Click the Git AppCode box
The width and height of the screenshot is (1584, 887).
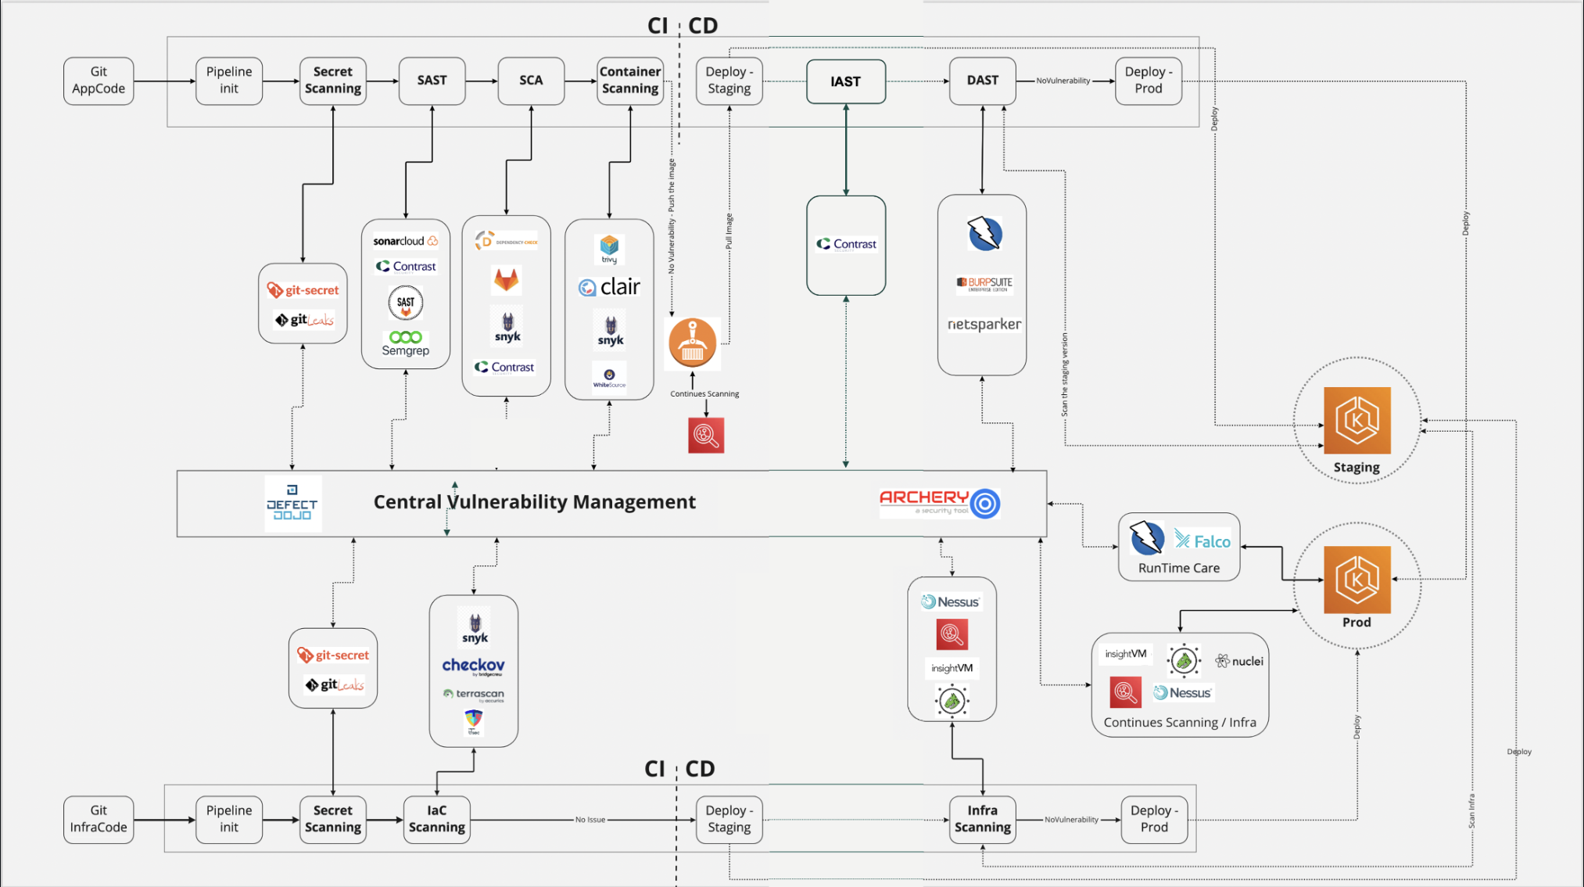pos(99,81)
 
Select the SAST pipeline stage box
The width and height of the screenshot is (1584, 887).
pos(432,81)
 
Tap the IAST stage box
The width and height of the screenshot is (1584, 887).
pos(845,81)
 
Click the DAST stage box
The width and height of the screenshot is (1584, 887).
pos(982,81)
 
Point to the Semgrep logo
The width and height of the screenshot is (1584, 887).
pos(405,343)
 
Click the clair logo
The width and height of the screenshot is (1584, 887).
pos(610,287)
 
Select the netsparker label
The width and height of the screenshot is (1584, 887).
pos(984,324)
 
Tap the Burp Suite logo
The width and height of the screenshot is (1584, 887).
pos(984,283)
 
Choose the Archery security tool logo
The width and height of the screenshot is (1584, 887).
pos(940,502)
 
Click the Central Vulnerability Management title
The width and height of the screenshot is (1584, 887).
pos(534,501)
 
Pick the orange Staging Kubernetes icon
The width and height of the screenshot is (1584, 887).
pos(1356,420)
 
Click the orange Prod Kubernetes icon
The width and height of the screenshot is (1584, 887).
pos(1356,580)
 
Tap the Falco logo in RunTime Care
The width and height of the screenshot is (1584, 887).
pos(1202,540)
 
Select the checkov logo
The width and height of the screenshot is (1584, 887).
pos(473,666)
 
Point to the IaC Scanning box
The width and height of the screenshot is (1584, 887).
pos(436,819)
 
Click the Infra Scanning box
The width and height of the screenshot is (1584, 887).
pos(982,819)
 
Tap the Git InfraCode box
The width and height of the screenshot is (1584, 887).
pos(99,819)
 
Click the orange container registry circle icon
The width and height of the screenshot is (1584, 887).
pos(692,343)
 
